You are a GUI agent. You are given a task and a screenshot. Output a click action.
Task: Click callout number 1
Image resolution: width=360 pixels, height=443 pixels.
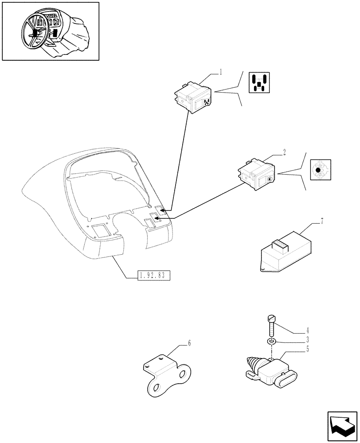point(221,71)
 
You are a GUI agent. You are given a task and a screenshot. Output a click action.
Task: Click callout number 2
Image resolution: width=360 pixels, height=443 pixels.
point(284,152)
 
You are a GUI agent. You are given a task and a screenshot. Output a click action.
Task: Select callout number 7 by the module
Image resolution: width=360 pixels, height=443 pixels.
point(322,221)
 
